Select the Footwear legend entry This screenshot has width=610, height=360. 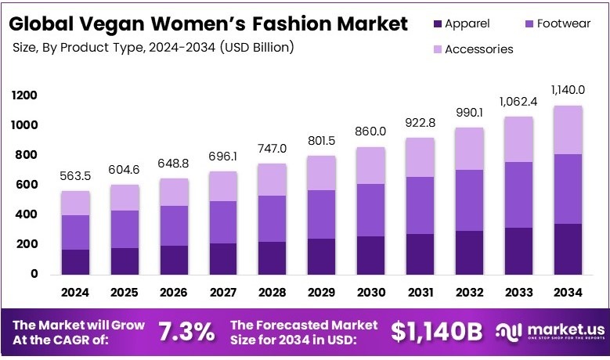pos(557,24)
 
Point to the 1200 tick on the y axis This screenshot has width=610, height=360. pos(24,95)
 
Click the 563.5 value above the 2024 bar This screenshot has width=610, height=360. pos(76,176)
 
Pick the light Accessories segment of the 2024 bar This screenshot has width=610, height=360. pos(76,203)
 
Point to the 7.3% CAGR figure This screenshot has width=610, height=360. pos(186,331)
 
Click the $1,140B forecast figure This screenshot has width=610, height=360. pos(437,331)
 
